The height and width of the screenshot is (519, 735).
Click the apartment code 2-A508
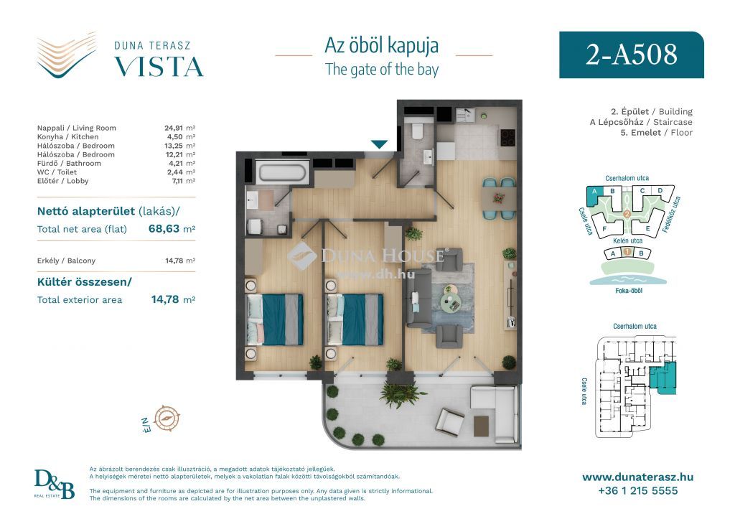pyautogui.click(x=631, y=55)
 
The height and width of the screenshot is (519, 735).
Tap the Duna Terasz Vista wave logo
pyautogui.click(x=67, y=55)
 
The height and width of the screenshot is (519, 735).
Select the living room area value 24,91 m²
pyautogui.click(x=179, y=128)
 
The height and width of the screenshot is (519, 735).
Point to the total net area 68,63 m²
pyautogui.click(x=172, y=229)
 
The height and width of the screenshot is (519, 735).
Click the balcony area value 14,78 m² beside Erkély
pyautogui.click(x=180, y=261)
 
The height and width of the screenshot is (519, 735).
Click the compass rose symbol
pyautogui.click(x=167, y=419)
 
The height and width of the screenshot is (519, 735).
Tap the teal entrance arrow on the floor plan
pyautogui.click(x=379, y=144)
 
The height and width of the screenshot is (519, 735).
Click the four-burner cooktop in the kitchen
pyautogui.click(x=507, y=137)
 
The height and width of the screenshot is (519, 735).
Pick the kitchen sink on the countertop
pyautogui.click(x=464, y=116)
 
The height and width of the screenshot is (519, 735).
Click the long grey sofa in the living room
pyautogui.click(x=418, y=298)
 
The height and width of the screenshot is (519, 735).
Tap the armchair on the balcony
pyautogui.click(x=449, y=421)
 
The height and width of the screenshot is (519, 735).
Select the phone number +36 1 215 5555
pyautogui.click(x=637, y=491)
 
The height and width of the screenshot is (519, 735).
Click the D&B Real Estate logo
pyautogui.click(x=54, y=485)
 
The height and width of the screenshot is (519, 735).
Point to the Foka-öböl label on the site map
pyautogui.click(x=629, y=291)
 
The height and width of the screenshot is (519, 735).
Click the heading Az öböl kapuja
pyautogui.click(x=382, y=45)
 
